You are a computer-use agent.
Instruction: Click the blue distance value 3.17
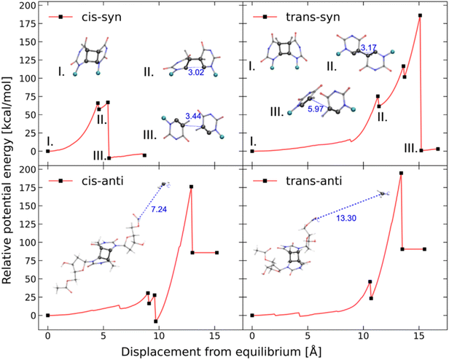point(371,48)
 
